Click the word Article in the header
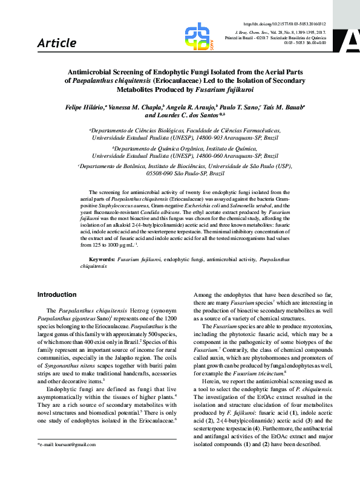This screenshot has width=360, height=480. point(57,43)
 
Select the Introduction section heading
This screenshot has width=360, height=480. point(57,294)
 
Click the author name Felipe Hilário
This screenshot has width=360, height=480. point(84,106)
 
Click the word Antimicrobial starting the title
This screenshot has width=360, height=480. point(91,71)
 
